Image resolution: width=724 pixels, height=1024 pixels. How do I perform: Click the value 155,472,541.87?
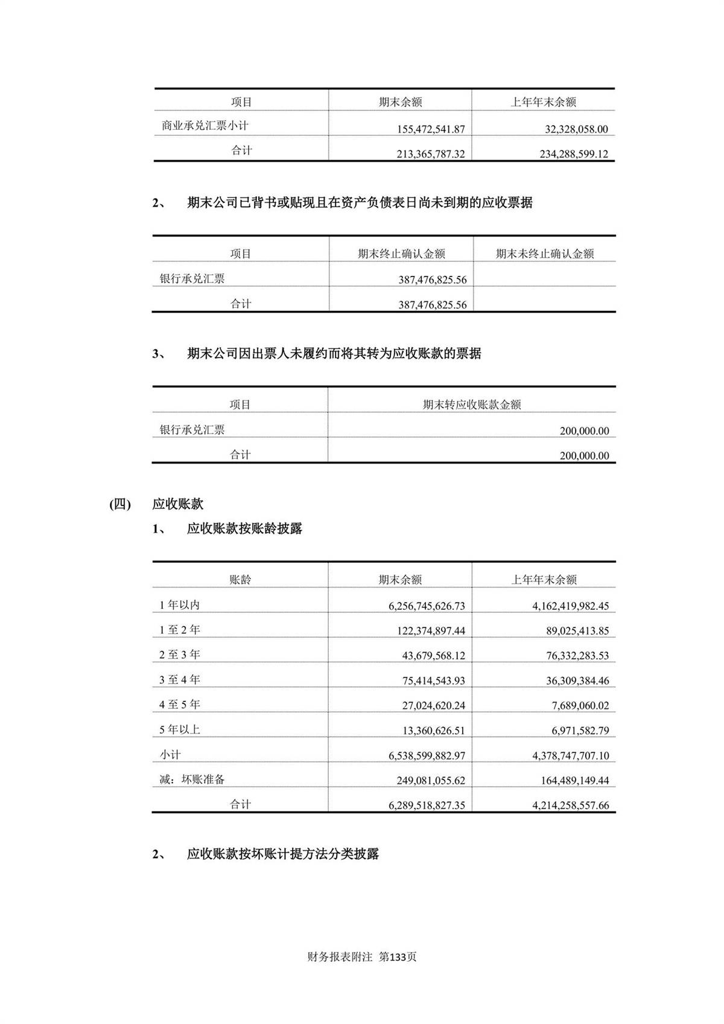(431, 129)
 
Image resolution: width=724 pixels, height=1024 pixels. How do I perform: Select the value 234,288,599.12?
(574, 154)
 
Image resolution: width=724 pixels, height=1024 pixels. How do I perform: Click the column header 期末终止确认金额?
(401, 254)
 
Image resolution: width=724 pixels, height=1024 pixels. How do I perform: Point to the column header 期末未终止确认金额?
(545, 254)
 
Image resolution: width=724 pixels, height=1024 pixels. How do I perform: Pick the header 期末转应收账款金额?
(472, 405)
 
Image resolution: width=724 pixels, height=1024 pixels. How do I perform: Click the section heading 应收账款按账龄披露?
(244, 529)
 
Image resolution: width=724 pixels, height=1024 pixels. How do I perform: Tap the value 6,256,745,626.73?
(427, 606)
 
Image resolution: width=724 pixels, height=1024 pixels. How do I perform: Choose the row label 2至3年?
(179, 654)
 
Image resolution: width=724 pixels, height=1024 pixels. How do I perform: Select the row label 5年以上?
(179, 729)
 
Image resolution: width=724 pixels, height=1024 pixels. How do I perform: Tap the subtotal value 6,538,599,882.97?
(427, 755)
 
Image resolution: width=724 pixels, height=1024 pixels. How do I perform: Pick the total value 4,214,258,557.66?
(570, 805)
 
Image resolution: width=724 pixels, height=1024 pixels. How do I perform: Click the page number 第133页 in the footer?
(398, 957)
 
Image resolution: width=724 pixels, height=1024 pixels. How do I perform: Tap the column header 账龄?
(240, 580)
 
